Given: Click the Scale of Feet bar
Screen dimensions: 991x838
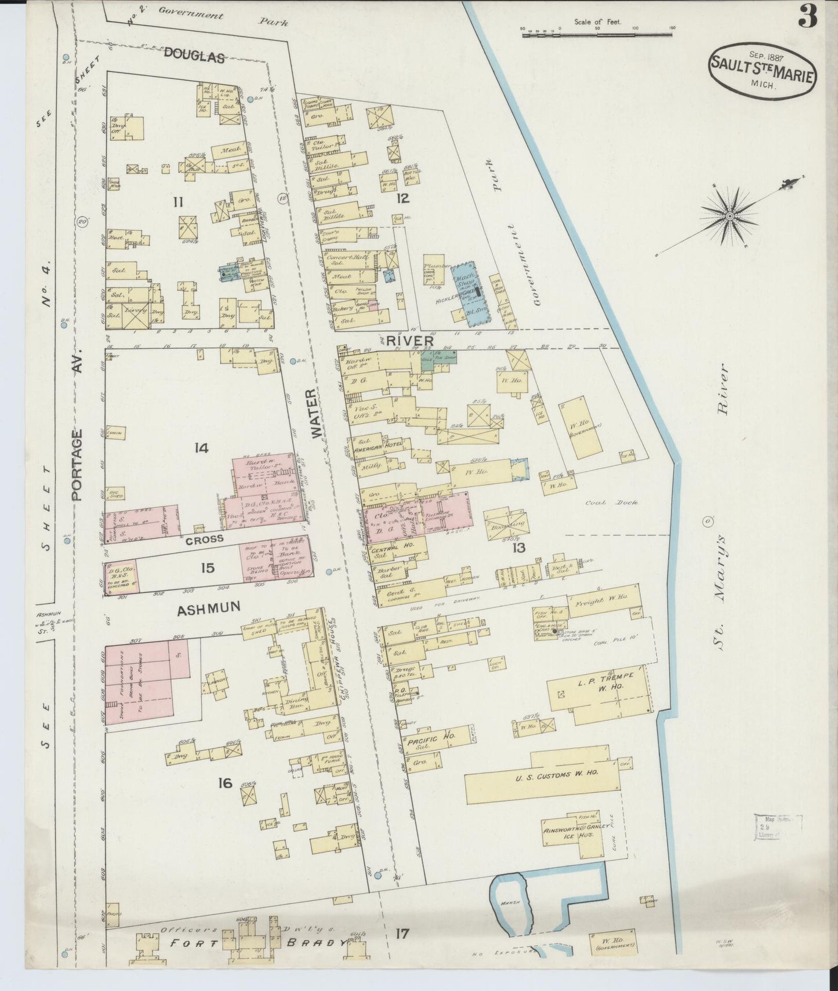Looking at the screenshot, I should click(597, 35).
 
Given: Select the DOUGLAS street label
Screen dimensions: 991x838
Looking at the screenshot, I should click(194, 56).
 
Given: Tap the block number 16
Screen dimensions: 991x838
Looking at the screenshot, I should click(225, 784).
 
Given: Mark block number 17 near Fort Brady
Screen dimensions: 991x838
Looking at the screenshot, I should click(402, 934).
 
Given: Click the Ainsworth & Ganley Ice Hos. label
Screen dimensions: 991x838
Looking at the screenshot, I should click(574, 833).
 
